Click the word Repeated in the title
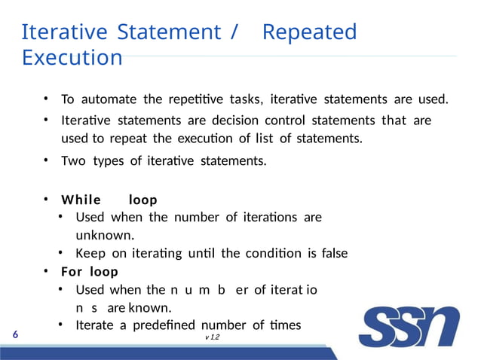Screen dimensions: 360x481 [x=309, y=32]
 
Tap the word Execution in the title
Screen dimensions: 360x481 [x=72, y=58]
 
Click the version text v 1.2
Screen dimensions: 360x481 [x=214, y=340]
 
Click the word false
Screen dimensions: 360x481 [x=334, y=253]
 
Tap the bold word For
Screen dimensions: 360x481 [x=72, y=271]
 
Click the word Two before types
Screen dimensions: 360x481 [x=73, y=160]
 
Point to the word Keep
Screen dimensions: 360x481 [x=90, y=253]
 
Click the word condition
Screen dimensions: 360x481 [x=280, y=253]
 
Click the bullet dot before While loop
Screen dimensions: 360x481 [x=46, y=200]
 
